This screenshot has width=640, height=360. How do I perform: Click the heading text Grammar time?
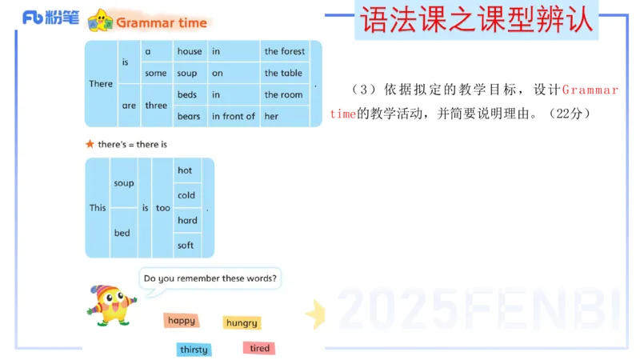point(162,22)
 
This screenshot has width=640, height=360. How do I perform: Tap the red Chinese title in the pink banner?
point(477,20)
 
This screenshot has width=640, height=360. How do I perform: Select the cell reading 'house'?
point(190,51)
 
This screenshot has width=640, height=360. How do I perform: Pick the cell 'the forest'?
point(285,51)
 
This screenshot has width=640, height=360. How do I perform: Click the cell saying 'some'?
point(156,73)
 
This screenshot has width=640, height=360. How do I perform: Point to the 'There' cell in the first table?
point(101,84)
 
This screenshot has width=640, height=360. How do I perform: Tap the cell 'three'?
point(156,106)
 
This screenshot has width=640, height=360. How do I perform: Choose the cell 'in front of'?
point(233,116)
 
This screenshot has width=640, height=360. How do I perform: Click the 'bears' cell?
point(189,116)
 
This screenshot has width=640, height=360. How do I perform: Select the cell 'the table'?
point(283,73)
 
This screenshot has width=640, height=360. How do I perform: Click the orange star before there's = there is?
point(90,144)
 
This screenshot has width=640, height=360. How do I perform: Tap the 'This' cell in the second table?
point(98,208)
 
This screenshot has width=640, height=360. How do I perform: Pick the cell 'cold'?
point(186,195)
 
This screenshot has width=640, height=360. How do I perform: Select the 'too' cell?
point(163,208)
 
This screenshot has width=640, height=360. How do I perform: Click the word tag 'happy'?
point(182,321)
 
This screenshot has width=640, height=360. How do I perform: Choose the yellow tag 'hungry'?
point(242,323)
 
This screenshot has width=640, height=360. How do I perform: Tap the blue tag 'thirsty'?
point(194,350)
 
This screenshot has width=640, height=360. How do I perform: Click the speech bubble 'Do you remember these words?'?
point(210,278)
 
